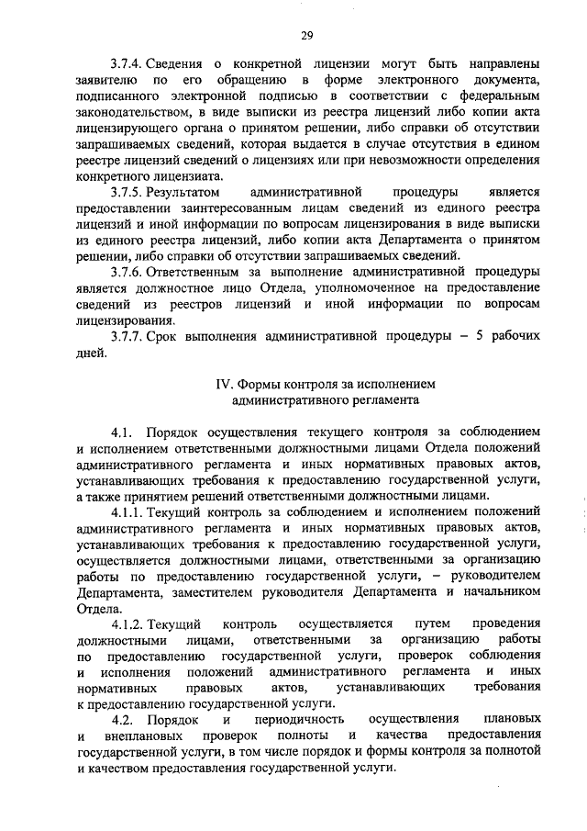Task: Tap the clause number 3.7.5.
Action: [x=126, y=196]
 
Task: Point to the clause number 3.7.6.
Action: [x=126, y=275]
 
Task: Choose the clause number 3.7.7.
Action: [x=126, y=335]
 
